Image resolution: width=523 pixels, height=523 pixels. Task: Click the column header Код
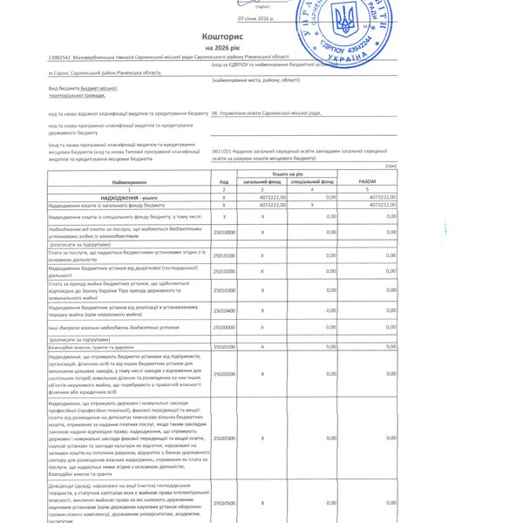click(224, 181)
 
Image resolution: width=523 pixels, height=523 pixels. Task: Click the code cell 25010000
click(224, 232)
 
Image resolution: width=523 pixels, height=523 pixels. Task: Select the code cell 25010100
click(224, 255)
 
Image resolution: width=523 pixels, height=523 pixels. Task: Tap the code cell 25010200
click(224, 271)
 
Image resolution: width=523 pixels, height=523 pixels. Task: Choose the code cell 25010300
click(224, 290)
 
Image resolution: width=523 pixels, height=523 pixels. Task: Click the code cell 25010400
click(224, 310)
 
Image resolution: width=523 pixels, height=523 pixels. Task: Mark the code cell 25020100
click(224, 347)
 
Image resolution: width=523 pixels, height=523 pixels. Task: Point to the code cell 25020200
click(224, 374)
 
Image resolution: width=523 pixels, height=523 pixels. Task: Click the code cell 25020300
click(224, 438)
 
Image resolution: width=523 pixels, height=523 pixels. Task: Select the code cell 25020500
click(224, 503)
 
